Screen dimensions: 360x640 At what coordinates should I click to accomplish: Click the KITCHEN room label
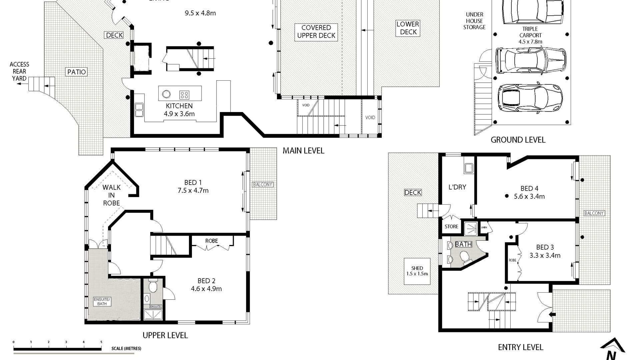[x=179, y=106]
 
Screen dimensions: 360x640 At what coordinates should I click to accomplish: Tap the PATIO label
[x=77, y=72]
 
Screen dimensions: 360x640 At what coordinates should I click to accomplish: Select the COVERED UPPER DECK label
[x=316, y=32]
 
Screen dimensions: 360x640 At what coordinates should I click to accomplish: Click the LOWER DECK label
[x=408, y=28]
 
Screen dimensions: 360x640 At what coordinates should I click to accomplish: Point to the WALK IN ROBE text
[x=111, y=195]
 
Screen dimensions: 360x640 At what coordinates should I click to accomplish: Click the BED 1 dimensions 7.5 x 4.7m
[x=193, y=191]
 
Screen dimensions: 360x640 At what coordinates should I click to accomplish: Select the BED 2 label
[x=206, y=281]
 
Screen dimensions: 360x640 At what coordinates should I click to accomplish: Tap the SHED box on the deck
[x=417, y=271]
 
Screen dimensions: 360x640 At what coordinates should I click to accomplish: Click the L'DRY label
[x=457, y=187]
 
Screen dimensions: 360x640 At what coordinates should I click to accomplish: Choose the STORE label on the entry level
[x=451, y=227]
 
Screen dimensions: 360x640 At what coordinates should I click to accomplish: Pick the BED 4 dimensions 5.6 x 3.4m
[x=529, y=197]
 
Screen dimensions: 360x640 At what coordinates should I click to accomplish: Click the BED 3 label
[x=545, y=247]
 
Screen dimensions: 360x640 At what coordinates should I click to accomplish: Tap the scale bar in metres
[x=57, y=349]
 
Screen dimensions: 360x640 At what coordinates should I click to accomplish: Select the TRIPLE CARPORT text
[x=530, y=32]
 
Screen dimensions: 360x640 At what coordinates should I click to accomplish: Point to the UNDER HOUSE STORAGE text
[x=474, y=21]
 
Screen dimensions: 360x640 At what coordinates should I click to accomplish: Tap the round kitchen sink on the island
[x=166, y=94]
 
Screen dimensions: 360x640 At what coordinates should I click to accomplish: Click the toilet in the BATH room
[x=464, y=256]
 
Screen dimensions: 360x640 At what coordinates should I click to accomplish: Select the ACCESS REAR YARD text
[x=19, y=71]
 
